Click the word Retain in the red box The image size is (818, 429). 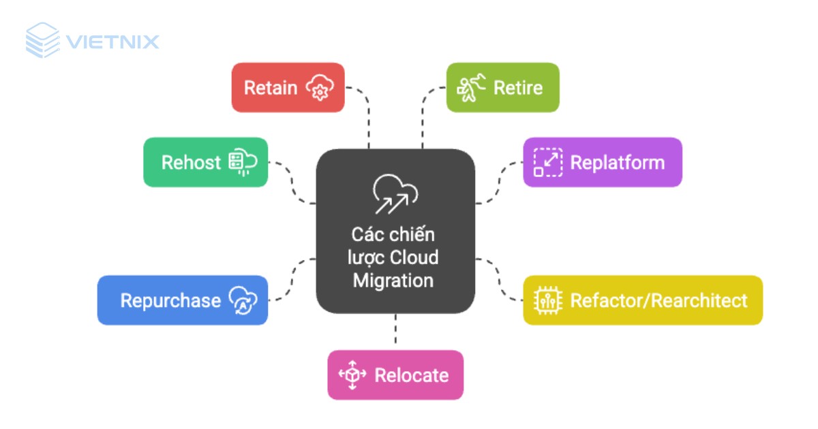(x=271, y=88)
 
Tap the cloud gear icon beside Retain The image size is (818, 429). (x=320, y=88)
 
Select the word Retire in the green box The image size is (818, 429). (x=518, y=88)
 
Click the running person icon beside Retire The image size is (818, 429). (x=472, y=88)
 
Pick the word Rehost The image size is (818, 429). (x=191, y=163)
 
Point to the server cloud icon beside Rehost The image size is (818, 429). (x=242, y=163)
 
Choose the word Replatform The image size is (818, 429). (x=617, y=163)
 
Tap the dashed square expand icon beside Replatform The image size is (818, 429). (x=547, y=163)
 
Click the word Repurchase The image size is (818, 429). (x=170, y=300)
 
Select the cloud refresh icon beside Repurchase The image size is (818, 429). (x=243, y=300)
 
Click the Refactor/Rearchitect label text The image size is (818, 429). (x=658, y=300)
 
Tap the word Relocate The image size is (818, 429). (x=412, y=375)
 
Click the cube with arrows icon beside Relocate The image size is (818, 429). (x=352, y=375)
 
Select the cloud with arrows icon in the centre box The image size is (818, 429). (x=395, y=193)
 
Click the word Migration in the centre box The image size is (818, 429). (x=393, y=281)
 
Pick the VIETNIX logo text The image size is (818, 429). (x=112, y=42)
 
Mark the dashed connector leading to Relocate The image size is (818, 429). (x=395, y=332)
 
